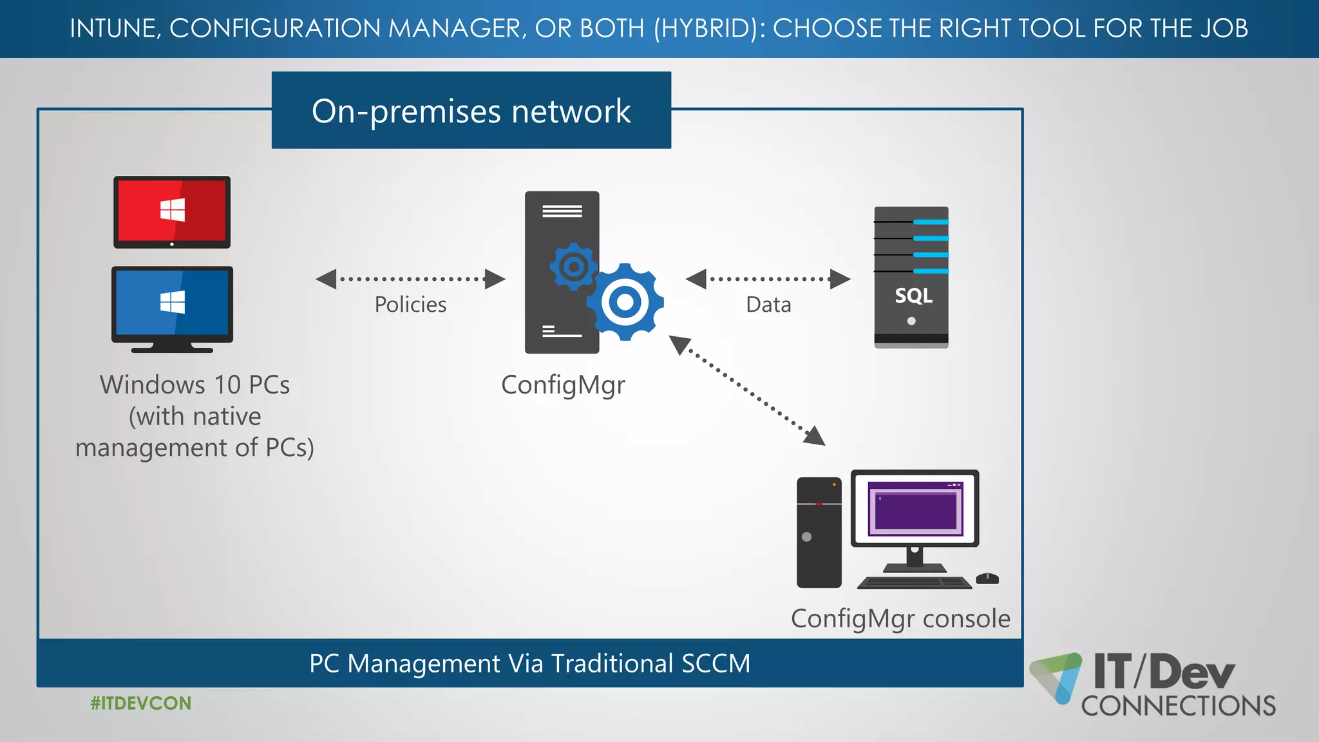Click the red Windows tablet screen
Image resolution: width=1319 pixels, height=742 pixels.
click(172, 211)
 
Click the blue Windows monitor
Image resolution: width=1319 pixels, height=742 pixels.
click(172, 303)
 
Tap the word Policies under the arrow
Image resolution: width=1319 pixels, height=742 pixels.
click(410, 305)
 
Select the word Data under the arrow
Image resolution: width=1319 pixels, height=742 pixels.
click(768, 305)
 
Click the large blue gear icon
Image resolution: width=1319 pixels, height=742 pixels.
click(625, 302)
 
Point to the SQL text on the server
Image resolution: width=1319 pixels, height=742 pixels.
click(913, 296)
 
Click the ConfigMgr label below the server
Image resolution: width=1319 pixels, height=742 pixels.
click(563, 385)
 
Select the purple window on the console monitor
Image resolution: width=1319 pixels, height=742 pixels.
click(915, 509)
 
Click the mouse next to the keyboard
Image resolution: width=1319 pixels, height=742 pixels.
click(987, 578)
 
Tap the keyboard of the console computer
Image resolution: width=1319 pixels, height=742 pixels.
click(914, 583)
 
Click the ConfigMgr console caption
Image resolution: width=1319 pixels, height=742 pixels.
click(900, 619)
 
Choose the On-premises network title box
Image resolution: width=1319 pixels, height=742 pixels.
click(471, 111)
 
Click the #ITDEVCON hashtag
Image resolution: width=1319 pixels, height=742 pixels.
click(141, 703)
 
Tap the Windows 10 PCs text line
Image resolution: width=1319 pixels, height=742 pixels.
click(195, 385)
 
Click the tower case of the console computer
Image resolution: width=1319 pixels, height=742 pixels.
click(819, 533)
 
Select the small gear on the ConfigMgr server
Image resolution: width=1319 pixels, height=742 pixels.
click(573, 266)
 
